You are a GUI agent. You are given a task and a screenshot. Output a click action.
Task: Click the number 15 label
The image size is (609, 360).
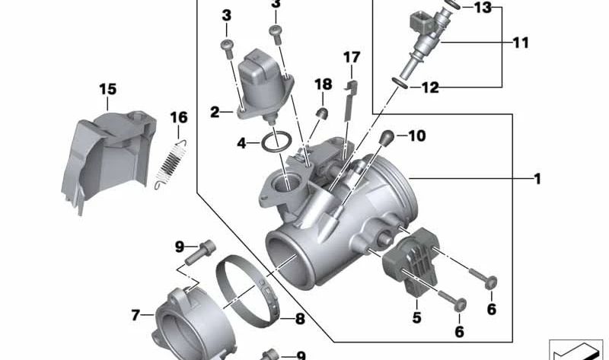pyautogui.click(x=107, y=90)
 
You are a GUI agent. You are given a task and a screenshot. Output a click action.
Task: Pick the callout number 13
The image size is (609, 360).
pyautogui.click(x=483, y=8)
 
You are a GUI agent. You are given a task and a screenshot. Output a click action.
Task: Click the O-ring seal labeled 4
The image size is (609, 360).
pyautogui.click(x=277, y=140)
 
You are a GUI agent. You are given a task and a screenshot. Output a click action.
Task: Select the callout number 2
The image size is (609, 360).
pyautogui.click(x=215, y=113)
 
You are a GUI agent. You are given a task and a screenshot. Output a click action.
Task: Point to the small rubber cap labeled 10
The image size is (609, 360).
pyautogui.click(x=386, y=138)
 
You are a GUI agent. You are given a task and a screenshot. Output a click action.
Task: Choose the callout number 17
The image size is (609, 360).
pyautogui.click(x=351, y=57)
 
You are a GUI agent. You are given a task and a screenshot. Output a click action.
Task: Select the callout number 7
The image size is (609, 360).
pyautogui.click(x=136, y=314)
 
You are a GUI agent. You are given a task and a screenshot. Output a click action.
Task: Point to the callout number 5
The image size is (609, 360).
pyautogui.click(x=416, y=317)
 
